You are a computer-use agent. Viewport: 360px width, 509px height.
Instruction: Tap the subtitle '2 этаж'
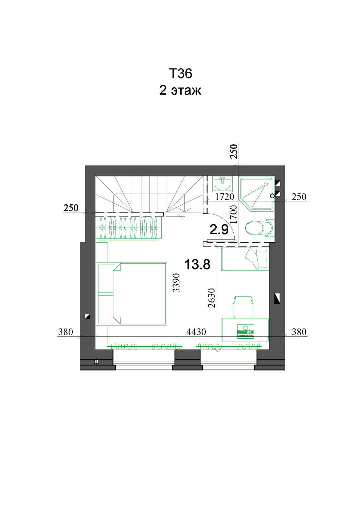click(180, 90)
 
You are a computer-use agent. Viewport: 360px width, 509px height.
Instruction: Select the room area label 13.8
click(197, 264)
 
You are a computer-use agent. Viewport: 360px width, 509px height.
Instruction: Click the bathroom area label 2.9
click(219, 229)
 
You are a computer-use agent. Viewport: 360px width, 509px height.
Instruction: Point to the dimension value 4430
click(196, 332)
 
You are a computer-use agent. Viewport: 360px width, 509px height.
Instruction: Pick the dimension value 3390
click(176, 283)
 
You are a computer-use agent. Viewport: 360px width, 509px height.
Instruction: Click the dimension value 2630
click(212, 298)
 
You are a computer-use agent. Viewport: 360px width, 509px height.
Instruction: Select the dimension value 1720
click(224, 197)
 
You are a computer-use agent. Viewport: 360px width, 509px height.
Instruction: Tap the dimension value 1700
click(233, 214)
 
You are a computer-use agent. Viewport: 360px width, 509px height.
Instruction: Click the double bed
click(132, 294)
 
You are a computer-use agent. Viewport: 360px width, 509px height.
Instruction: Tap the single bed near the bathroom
click(246, 259)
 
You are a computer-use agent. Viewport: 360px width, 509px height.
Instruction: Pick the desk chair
click(243, 307)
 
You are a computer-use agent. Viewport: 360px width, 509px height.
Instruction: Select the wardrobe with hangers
click(128, 228)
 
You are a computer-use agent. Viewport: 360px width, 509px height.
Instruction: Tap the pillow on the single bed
click(262, 259)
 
